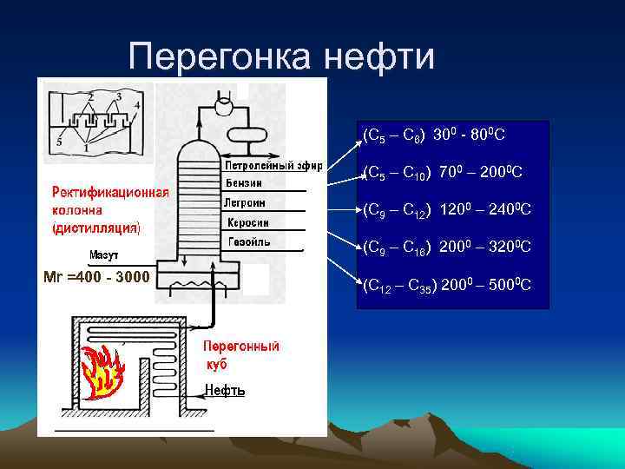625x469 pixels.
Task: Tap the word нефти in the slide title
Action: pos(378,57)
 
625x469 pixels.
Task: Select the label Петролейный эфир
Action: pos(273,165)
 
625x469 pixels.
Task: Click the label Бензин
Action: pos(244,183)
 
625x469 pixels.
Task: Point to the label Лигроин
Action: pos(247,201)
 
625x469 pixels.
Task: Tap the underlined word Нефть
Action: pos(225,391)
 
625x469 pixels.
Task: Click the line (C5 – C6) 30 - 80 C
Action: pos(434,135)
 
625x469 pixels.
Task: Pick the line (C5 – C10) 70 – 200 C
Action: pos(442,172)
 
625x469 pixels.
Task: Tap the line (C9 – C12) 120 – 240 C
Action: pos(447,209)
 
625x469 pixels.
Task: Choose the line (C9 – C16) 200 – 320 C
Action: pos(447,248)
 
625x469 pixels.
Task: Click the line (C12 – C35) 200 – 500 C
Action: pos(447,285)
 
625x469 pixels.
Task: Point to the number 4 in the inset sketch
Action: pos(137,105)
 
